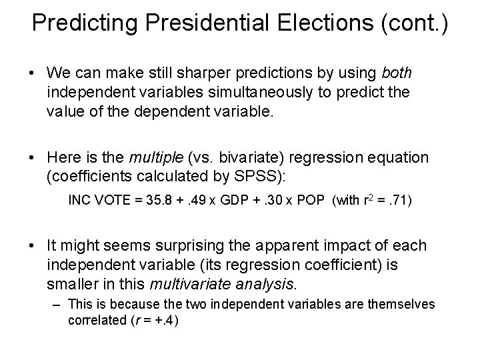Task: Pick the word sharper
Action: click(208, 71)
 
